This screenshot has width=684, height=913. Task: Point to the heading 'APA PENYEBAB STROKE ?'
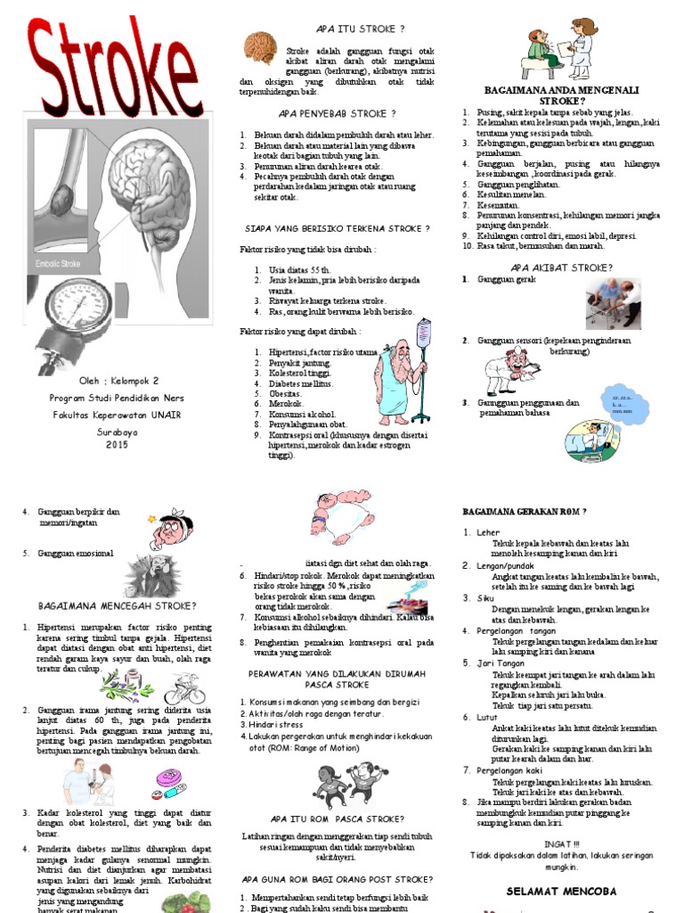337,114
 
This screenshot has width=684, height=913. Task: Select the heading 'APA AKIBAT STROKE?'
561,267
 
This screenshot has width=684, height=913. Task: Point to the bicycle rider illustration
183,688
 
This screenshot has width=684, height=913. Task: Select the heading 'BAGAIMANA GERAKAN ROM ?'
524,512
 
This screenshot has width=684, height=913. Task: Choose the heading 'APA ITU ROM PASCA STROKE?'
338,818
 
